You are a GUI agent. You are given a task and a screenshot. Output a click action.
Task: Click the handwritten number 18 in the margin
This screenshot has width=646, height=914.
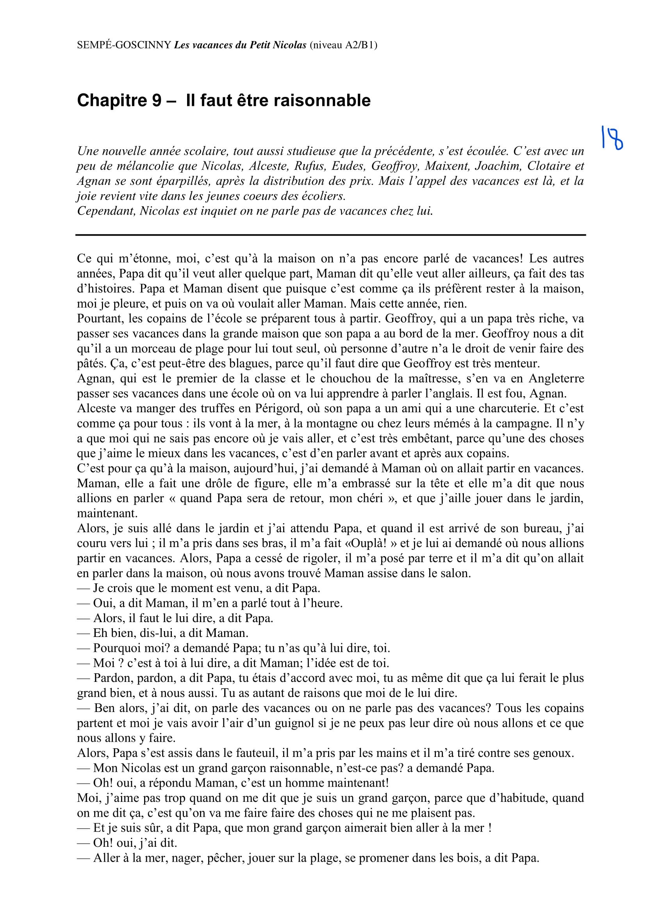(612, 137)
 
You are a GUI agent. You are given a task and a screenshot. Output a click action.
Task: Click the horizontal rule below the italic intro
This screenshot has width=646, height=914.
(330, 235)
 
